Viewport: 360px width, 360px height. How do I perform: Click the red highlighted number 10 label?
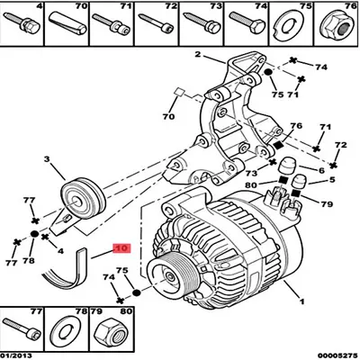pyautogui.click(x=121, y=245)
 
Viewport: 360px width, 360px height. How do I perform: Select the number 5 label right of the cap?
pyautogui.click(x=331, y=180)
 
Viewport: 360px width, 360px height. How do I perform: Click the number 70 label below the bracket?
pyautogui.click(x=168, y=116)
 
